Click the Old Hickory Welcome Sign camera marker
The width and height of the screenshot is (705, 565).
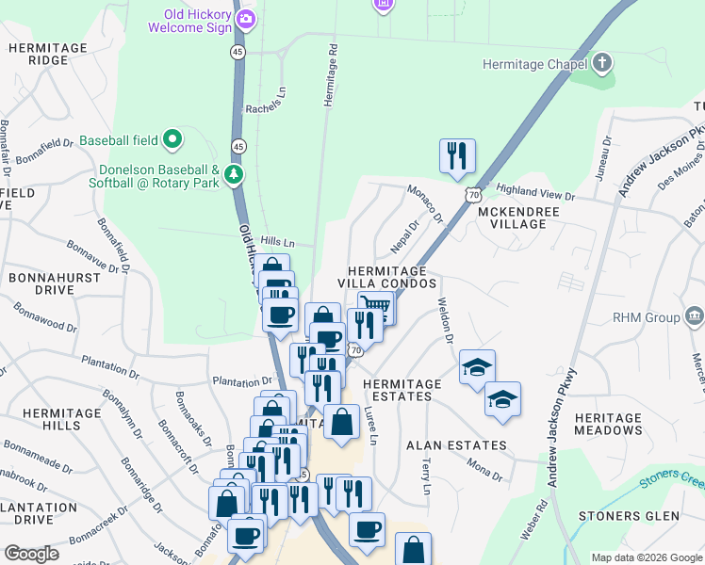coord(247,19)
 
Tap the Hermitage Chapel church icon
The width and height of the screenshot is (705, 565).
coord(602,64)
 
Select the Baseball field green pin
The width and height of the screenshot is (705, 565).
coord(172,140)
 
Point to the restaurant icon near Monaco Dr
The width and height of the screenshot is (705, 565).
coord(457,155)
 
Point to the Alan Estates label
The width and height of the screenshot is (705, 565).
coord(456,445)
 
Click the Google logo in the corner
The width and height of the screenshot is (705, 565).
coord(31,554)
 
